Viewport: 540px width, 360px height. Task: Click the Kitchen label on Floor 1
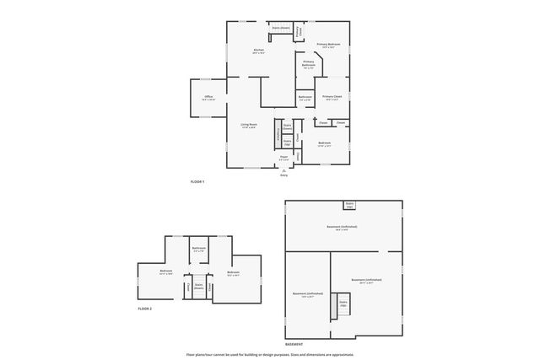pos(259,52)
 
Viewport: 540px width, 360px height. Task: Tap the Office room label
pos(208,98)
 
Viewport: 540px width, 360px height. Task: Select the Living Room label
pos(248,126)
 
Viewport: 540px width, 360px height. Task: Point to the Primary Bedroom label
pos(328,45)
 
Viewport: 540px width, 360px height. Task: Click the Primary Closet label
pos(332,97)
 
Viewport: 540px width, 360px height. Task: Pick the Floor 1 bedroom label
pos(324,143)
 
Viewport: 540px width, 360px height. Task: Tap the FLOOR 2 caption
pos(144,309)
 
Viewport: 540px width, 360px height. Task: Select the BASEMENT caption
pos(294,344)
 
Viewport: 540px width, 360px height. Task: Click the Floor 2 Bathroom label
pos(199,249)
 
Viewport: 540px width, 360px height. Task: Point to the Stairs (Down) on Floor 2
pos(199,287)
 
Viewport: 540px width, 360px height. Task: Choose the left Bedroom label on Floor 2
pos(166,272)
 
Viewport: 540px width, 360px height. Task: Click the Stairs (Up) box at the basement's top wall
pos(348,204)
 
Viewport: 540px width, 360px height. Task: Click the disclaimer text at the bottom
pos(270,355)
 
